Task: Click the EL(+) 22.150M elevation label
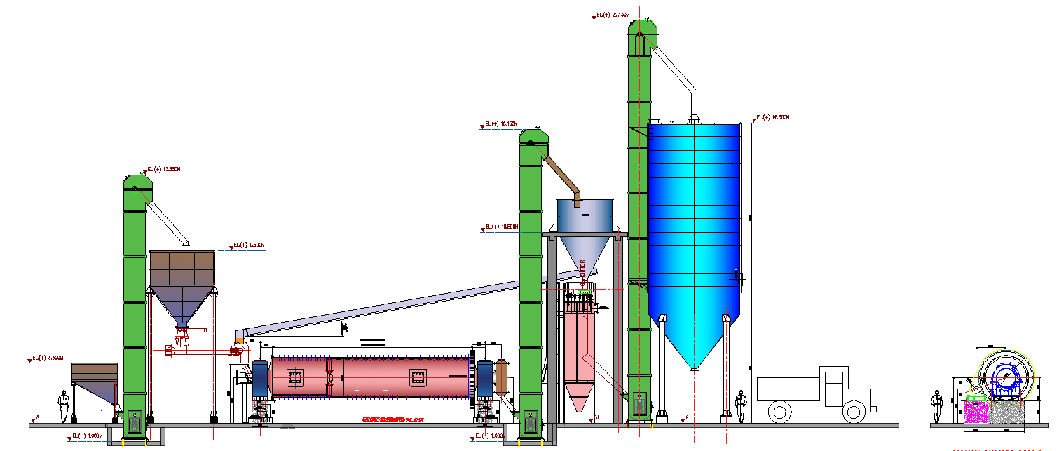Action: click(612, 14)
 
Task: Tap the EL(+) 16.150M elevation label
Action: click(501, 124)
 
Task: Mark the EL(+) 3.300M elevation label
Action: click(48, 358)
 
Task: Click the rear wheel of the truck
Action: click(779, 410)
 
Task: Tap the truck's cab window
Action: click(834, 386)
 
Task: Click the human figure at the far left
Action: click(64, 406)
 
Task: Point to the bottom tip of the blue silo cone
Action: click(693, 368)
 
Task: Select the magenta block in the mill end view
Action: click(975, 412)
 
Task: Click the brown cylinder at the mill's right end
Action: click(501, 376)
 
